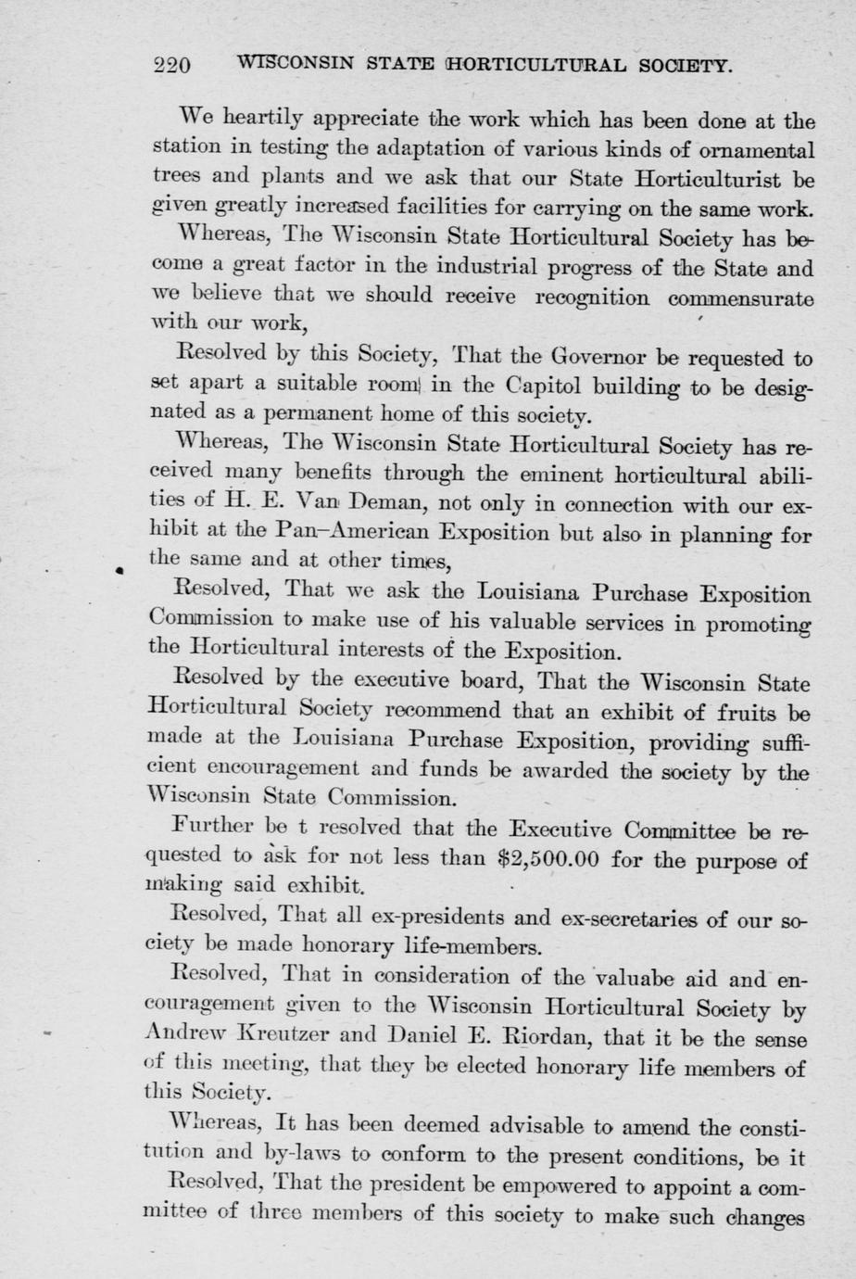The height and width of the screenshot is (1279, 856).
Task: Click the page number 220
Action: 172,66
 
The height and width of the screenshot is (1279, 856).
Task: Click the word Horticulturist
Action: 714,177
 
